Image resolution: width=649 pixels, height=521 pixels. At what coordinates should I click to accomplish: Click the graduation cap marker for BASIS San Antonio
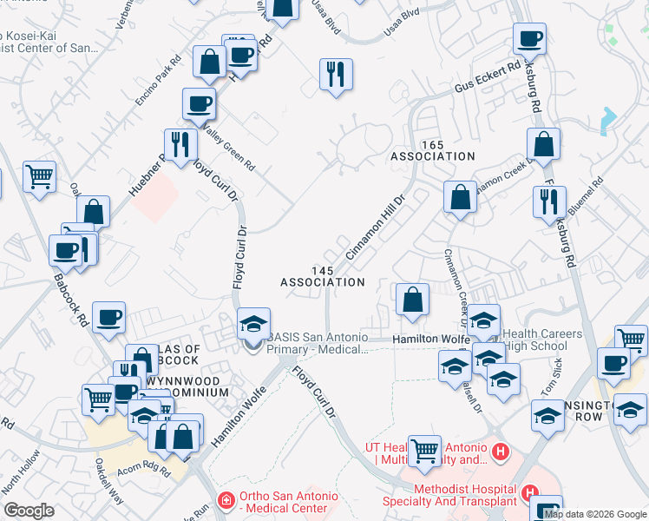pyautogui.click(x=253, y=325)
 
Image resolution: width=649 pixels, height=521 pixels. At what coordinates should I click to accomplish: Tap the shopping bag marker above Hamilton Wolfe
pyautogui.click(x=412, y=300)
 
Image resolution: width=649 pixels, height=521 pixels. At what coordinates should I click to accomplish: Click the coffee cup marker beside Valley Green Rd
pyautogui.click(x=199, y=104)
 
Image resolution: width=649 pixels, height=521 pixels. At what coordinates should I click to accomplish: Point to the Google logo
pyautogui.click(x=29, y=511)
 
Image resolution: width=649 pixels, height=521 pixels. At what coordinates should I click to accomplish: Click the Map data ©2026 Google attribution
pyautogui.click(x=595, y=514)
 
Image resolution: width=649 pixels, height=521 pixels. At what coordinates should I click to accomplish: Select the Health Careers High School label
pyautogui.click(x=547, y=340)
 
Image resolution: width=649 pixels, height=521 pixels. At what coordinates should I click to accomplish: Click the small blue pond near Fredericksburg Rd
pyautogui.click(x=608, y=118)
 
